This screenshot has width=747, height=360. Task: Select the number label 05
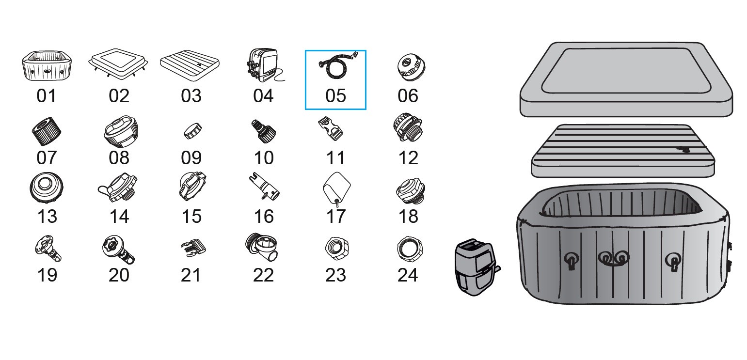click(335, 96)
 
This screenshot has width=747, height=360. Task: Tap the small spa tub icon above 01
click(47, 66)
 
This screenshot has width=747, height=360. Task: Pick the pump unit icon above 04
click(263, 65)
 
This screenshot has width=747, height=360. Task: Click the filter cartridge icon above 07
click(47, 131)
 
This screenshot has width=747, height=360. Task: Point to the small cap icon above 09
click(193, 131)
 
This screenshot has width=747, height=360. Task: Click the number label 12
click(408, 158)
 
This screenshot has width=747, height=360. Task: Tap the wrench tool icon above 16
click(264, 187)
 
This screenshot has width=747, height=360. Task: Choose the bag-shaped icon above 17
click(337, 188)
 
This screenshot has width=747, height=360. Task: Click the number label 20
click(119, 275)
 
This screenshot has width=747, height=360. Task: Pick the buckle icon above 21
click(193, 248)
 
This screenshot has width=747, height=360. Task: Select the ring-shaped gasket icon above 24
click(410, 249)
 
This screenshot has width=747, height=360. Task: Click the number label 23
click(335, 275)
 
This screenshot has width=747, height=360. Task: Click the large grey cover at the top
click(626, 79)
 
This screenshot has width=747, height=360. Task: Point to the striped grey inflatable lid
click(623, 151)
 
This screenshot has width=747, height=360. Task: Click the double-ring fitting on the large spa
click(614, 258)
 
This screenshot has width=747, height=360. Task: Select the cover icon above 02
click(118, 63)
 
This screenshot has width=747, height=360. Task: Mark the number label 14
click(119, 217)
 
